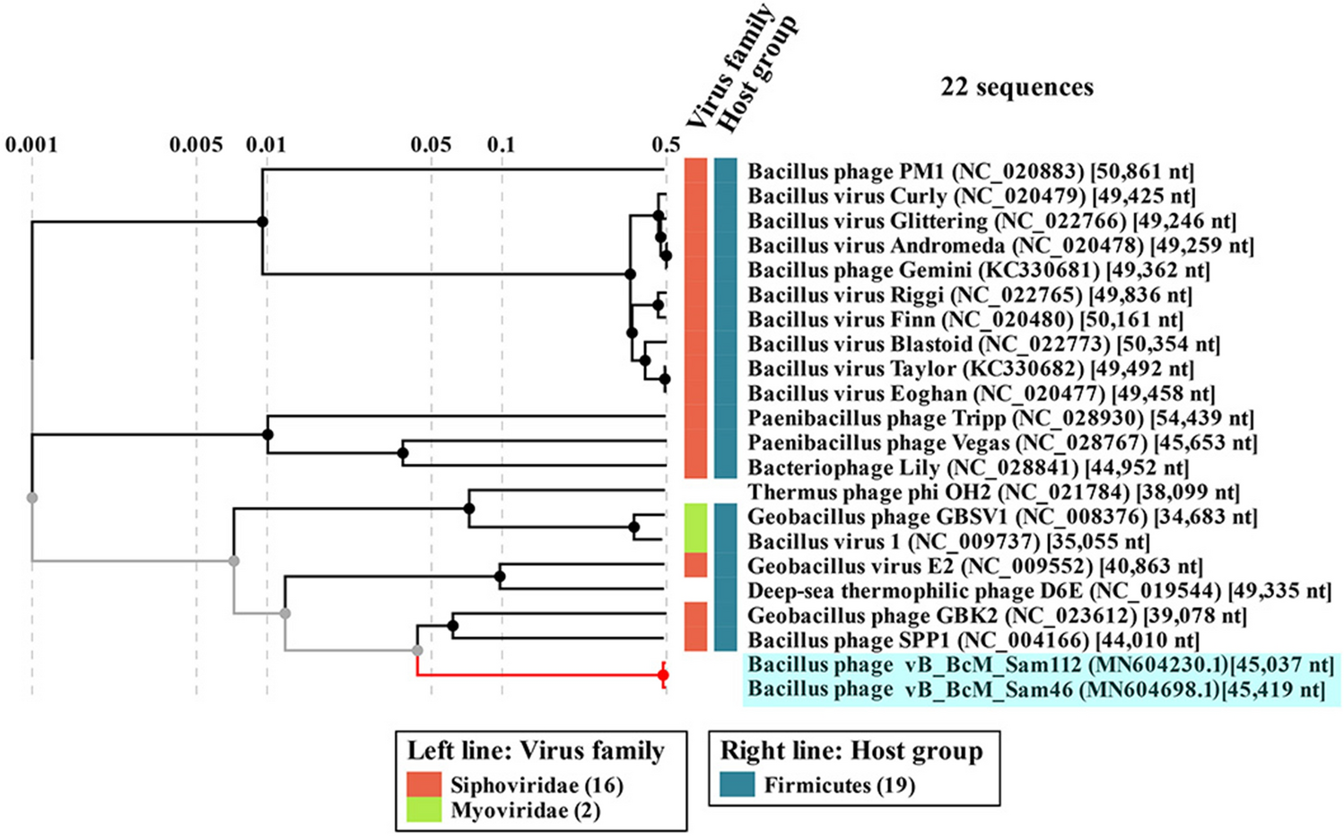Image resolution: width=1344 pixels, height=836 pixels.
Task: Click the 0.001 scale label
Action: pos(31,144)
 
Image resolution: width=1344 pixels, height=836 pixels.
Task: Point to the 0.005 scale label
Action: pos(196,144)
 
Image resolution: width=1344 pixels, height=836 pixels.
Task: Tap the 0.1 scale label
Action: pos(501,144)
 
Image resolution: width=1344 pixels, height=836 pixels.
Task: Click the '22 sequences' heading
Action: pos(1017,87)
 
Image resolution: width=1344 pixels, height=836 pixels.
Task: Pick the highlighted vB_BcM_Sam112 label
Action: pos(1041,666)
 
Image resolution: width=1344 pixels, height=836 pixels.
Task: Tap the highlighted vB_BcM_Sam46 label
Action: pos(1035,690)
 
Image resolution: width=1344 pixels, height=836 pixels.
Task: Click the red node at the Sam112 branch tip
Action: pos(663,675)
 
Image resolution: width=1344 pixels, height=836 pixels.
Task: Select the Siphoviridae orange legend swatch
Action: pos(423,785)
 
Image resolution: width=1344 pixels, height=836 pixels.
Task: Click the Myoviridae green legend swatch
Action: pos(423,810)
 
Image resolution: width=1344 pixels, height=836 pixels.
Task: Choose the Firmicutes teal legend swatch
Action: pos(737,785)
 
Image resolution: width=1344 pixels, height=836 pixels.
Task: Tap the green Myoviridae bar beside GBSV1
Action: pos(696,527)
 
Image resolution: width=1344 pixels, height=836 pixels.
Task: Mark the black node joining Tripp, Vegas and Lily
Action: pos(267,435)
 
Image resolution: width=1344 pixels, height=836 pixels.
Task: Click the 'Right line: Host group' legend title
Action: pos(851,751)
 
